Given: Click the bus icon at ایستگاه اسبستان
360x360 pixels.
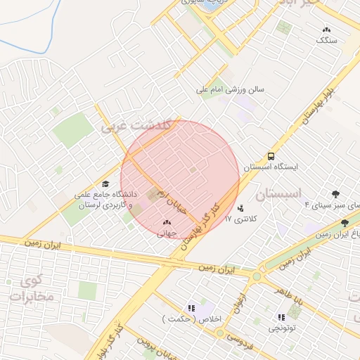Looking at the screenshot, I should [x=271, y=157].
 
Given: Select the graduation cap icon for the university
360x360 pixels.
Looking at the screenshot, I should [x=105, y=183].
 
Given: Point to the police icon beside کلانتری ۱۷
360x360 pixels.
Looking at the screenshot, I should [x=241, y=208].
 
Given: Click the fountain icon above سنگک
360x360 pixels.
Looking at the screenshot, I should [x=326, y=30].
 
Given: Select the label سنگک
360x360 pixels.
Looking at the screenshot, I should [x=326, y=41].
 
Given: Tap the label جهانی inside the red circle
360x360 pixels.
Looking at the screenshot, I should [x=165, y=236].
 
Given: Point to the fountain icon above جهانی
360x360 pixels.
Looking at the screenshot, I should [x=166, y=224].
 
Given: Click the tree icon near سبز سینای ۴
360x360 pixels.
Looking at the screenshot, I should [x=336, y=194].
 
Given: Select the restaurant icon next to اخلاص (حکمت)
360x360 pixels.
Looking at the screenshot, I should [x=191, y=307].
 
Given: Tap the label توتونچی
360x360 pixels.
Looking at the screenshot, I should [x=282, y=328].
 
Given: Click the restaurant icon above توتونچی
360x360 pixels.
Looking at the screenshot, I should [x=282, y=316].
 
